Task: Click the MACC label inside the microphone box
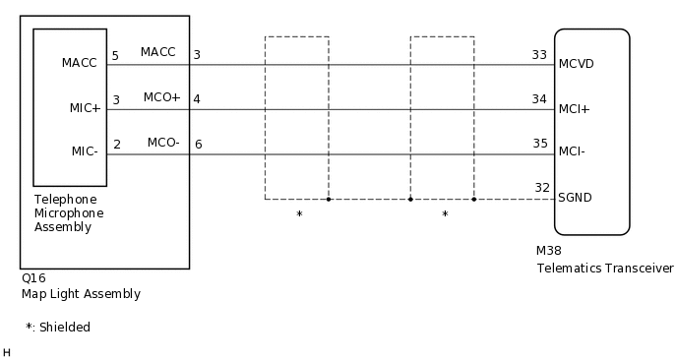pos(80,63)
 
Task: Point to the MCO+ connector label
pos(161,97)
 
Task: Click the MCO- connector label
pos(163,143)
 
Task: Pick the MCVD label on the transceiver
pos(576,64)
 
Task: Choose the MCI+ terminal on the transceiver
pos(574,108)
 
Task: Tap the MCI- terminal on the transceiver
pos(572,152)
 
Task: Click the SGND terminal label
pos(575,197)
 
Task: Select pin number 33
pos(539,55)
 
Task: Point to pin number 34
pos(539,98)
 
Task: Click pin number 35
pos(539,144)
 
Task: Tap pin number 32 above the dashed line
pos(542,188)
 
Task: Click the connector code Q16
pos(32,278)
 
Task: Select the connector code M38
pos(549,251)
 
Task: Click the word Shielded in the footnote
pos(65,327)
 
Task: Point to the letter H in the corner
pos(7,351)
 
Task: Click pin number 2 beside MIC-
pos(117,145)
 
